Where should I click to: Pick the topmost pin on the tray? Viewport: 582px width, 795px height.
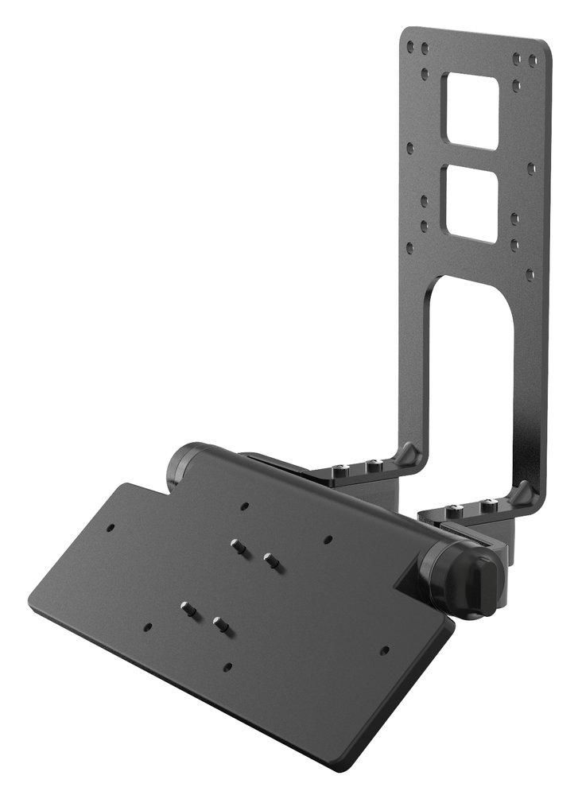point(236,545)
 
